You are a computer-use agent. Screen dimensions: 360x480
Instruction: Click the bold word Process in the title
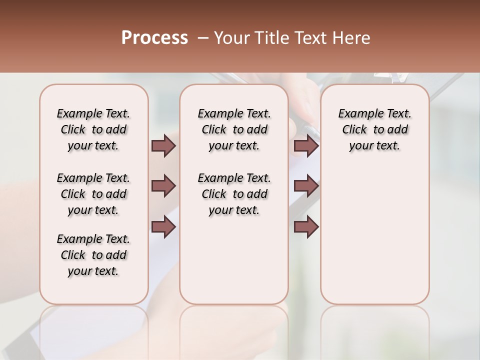[154, 38]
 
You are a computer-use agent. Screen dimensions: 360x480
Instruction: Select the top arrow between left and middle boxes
[163, 146]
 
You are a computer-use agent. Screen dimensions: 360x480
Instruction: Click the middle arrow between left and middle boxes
[163, 186]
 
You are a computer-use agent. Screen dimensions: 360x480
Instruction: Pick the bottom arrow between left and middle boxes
[163, 227]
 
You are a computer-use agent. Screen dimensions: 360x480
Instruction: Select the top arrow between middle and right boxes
[306, 146]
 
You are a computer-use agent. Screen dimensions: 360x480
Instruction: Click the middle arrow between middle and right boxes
[306, 186]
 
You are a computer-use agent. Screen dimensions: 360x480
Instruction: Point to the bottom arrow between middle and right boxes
[306, 227]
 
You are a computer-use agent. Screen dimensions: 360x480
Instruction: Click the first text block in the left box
[93, 129]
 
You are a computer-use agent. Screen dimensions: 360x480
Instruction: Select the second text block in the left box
[93, 194]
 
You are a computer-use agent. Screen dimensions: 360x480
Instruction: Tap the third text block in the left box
[93, 255]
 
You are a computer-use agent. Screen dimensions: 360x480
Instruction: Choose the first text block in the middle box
[234, 129]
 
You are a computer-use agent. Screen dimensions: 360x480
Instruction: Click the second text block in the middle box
[234, 194]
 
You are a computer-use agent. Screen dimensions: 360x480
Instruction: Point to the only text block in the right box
[375, 129]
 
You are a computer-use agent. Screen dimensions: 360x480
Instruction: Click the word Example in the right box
[356, 114]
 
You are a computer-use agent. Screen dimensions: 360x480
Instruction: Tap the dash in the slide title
[203, 38]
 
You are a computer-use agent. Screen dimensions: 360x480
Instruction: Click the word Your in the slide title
[231, 38]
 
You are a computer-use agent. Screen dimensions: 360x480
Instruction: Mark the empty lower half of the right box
[375, 240]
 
